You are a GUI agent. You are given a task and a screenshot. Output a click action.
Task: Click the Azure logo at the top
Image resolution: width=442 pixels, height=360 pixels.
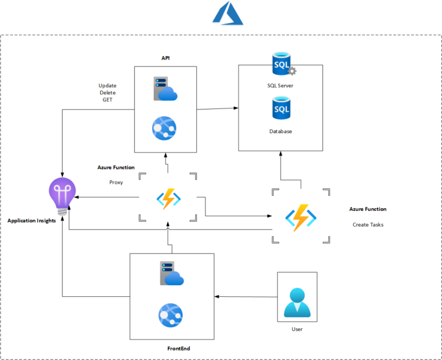pyautogui.click(x=227, y=13)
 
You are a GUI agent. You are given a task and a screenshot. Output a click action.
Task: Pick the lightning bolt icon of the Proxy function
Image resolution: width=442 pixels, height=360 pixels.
pyautogui.click(x=168, y=199)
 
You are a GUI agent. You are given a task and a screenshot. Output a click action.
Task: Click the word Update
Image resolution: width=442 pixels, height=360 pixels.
pyautogui.click(x=107, y=86)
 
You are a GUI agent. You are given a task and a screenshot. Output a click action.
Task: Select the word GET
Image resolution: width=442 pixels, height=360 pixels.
pyautogui.click(x=107, y=100)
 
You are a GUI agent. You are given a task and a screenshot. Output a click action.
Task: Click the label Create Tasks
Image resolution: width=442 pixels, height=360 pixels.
pyautogui.click(x=368, y=225)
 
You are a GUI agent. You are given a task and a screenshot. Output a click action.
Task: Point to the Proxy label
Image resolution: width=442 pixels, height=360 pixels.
pyautogui.click(x=116, y=182)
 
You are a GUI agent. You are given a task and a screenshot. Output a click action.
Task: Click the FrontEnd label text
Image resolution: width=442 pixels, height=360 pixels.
pyautogui.click(x=179, y=349)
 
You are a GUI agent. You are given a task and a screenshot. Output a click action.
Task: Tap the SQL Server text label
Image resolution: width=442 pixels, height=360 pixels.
pyautogui.click(x=280, y=85)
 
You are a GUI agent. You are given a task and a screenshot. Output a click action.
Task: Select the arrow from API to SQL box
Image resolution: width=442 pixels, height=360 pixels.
pyautogui.click(x=218, y=108)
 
